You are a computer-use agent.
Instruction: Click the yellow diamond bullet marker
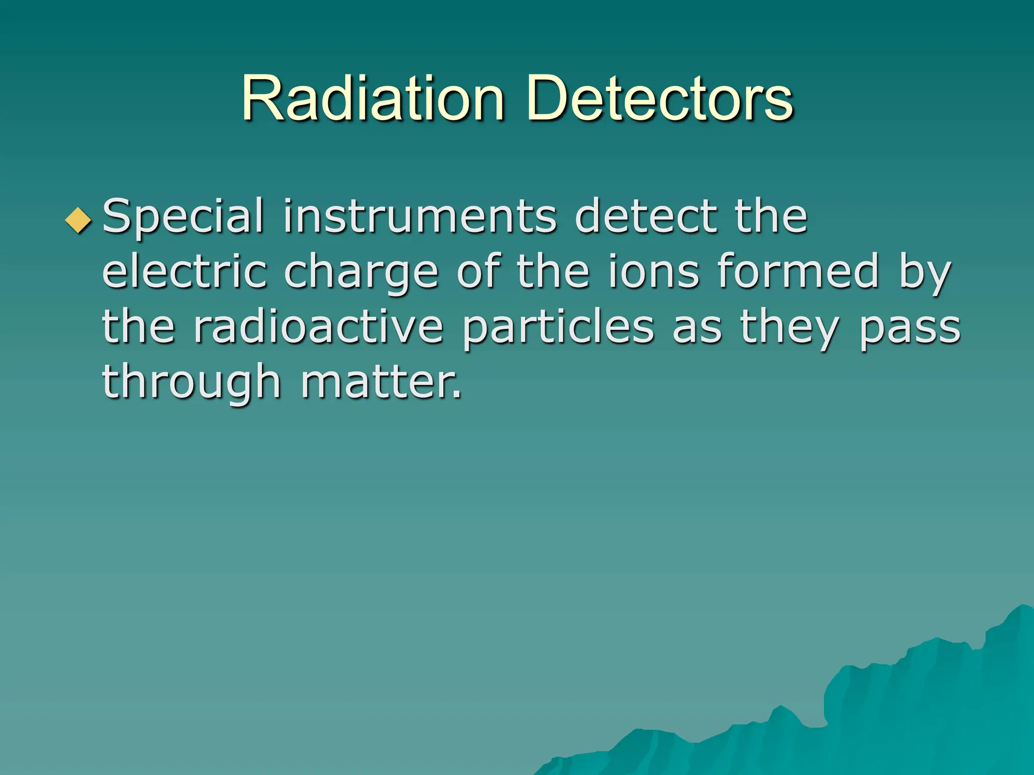click(79, 220)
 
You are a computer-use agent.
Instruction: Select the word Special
click(183, 217)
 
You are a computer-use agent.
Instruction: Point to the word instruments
click(420, 217)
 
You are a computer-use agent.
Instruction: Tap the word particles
click(558, 328)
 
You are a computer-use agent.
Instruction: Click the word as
click(697, 328)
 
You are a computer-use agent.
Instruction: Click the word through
click(191, 382)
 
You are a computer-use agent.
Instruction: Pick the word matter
click(381, 382)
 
